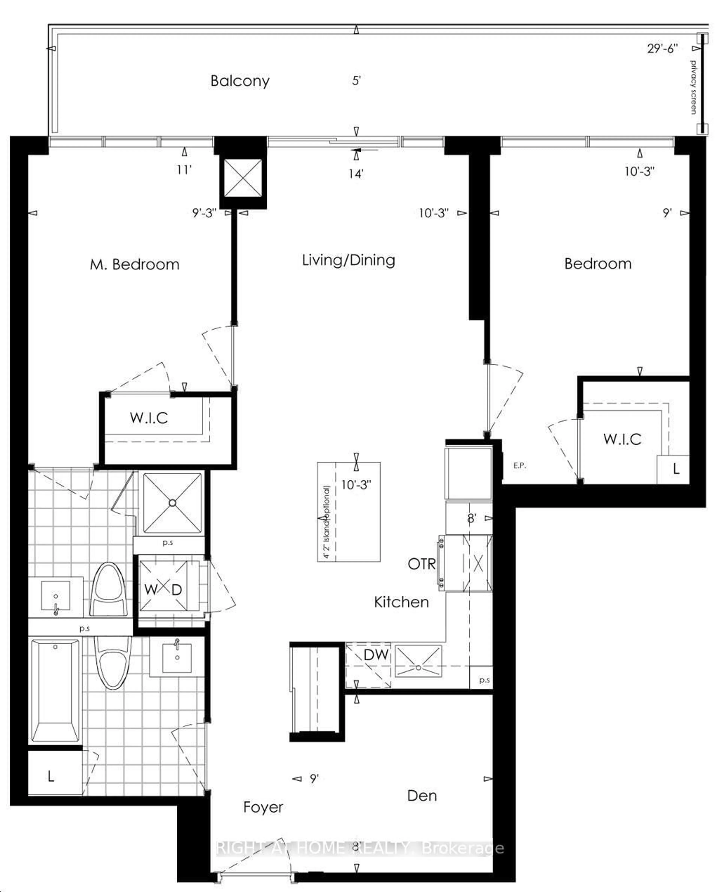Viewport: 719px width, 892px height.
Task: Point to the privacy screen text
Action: click(x=693, y=87)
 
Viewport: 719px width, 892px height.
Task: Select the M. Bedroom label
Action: click(x=135, y=264)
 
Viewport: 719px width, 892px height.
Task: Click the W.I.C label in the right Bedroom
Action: click(x=622, y=439)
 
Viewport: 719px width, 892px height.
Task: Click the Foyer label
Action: click(x=263, y=807)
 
